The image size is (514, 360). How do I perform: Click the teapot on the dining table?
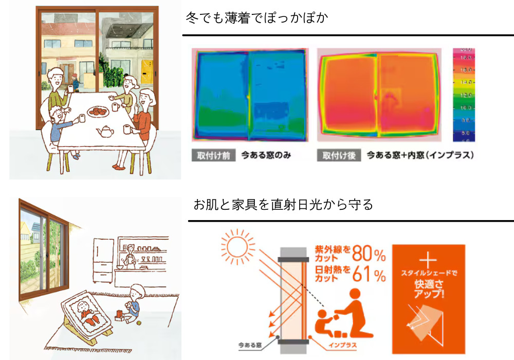pyautogui.click(x=105, y=131)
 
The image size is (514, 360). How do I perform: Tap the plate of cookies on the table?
pyautogui.click(x=98, y=111)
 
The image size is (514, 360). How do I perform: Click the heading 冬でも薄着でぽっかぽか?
pyautogui.click(x=257, y=18)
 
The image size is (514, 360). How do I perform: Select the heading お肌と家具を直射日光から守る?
pyautogui.click(x=283, y=205)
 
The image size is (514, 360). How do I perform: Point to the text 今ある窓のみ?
pyautogui.click(x=266, y=155)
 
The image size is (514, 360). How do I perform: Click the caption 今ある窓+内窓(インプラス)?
pyautogui.click(x=420, y=155)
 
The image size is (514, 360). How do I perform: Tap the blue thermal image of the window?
pyautogui.click(x=249, y=95)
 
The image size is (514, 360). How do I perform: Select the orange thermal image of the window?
pyautogui.click(x=379, y=95)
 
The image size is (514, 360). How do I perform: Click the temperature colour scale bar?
pyautogui.click(x=464, y=95)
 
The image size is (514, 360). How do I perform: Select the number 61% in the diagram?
pyautogui.click(x=369, y=275)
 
